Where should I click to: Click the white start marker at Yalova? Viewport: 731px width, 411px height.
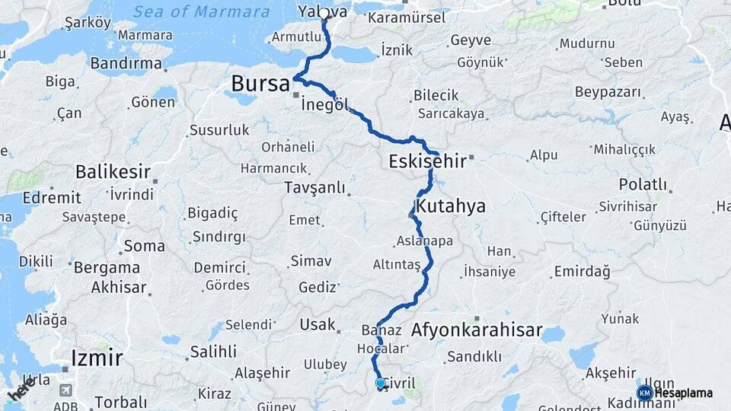[324, 14]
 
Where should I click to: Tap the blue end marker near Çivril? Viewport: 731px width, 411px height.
[380, 384]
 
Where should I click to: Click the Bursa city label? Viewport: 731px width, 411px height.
[260, 83]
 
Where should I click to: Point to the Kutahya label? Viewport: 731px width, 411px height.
[450, 206]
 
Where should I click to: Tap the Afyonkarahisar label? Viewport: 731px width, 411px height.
[476, 330]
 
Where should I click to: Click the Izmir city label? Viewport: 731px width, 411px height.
[96, 357]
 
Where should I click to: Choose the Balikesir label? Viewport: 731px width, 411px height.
[113, 172]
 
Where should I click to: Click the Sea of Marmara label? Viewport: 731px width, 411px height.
[201, 12]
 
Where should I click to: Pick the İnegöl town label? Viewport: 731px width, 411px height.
[329, 105]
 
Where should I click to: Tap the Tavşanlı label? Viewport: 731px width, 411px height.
[314, 187]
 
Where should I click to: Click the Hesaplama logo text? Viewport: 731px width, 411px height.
[683, 393]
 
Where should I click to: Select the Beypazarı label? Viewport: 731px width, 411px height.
[609, 93]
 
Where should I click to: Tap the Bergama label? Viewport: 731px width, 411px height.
[106, 268]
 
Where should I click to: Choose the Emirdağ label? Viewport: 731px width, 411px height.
[582, 271]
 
